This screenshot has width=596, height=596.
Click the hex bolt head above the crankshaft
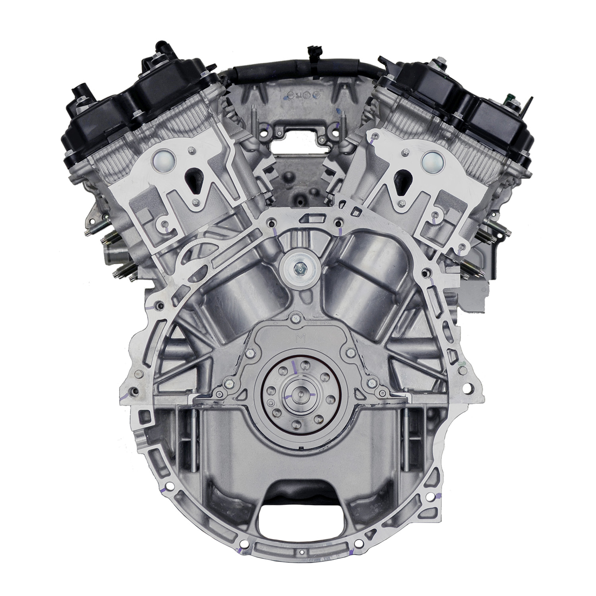[297, 269]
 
